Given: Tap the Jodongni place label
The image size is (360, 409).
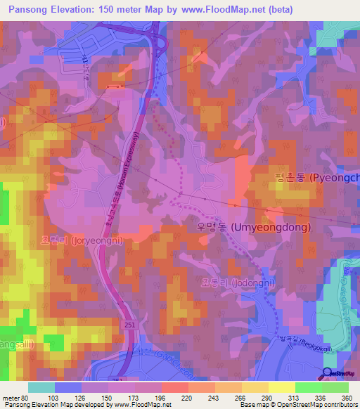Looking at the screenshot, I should pyautogui.click(x=238, y=282).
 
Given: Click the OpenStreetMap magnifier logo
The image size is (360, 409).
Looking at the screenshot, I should pyautogui.click(x=328, y=374).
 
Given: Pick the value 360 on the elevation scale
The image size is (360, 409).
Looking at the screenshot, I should pyautogui.click(x=345, y=397).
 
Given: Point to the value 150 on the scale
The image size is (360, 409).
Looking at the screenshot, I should pyautogui.click(x=107, y=397).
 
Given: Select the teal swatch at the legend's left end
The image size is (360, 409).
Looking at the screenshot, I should pyautogui.click(x=41, y=387).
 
